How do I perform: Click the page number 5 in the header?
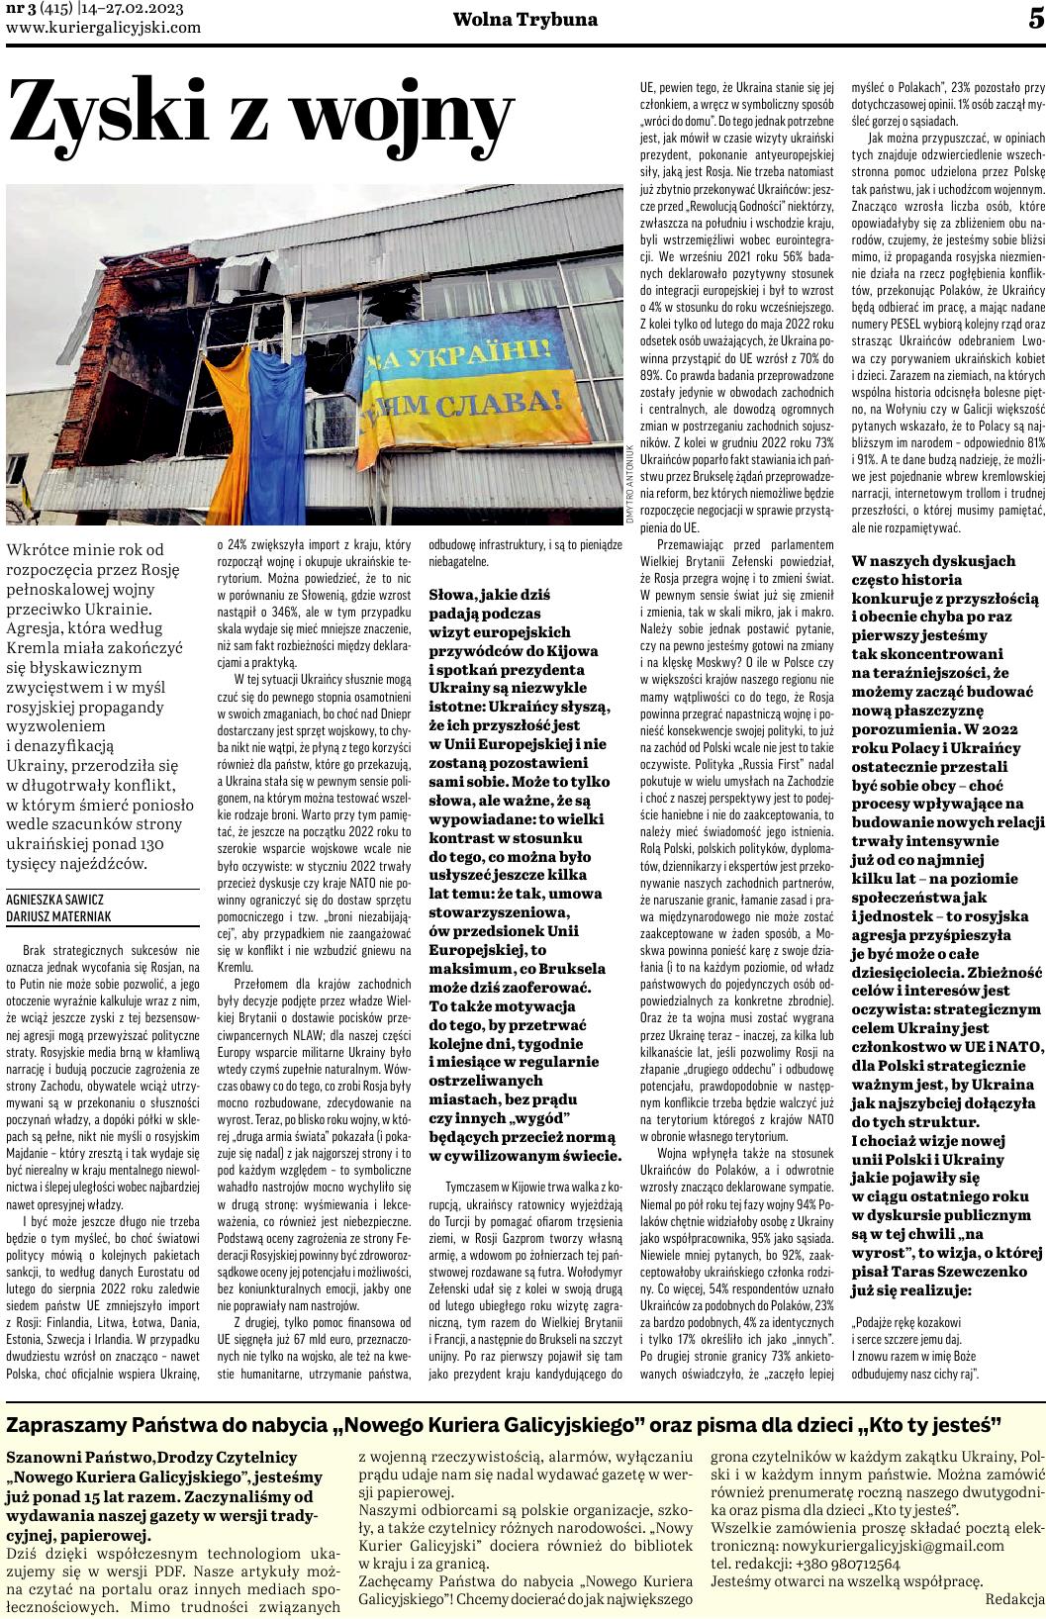[x=1034, y=19]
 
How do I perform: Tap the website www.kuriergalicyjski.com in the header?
[x=103, y=27]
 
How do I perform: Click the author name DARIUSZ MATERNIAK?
[x=58, y=917]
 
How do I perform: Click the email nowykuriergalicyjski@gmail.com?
[x=857, y=1518]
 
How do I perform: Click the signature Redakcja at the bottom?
[x=1014, y=1571]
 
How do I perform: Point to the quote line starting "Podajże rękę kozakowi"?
[x=905, y=1322]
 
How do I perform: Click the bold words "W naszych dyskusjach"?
[x=933, y=560]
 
